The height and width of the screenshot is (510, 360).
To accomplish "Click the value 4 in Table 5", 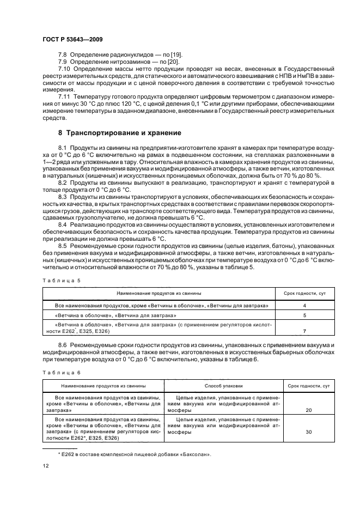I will pos(304,306).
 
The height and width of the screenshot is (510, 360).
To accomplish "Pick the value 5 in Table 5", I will pos(304,315).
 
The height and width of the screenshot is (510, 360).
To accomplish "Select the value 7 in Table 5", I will pos(304,331).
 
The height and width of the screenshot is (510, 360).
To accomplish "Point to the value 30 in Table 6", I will pos(309,432).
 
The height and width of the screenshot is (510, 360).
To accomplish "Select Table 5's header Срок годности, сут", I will pos(304,293).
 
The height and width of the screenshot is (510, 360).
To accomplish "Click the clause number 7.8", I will pos(63,55).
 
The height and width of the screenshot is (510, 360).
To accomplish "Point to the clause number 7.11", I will pos(64,96).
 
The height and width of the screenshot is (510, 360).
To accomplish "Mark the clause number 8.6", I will pos(63,345).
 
